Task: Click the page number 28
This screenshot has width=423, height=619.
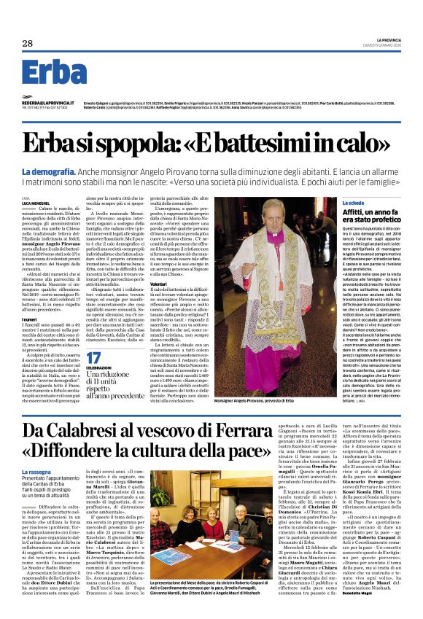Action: point(28,44)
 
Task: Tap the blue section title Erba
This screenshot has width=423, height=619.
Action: point(54,74)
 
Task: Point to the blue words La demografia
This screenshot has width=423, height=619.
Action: point(48,171)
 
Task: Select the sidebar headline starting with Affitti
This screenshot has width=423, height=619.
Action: point(360,216)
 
